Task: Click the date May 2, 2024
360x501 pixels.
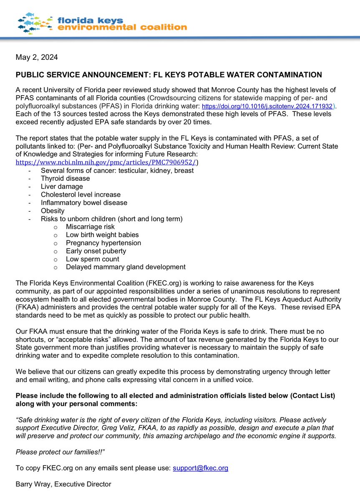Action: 36,57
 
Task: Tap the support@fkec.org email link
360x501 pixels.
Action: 201,468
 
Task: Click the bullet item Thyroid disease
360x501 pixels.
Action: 65,179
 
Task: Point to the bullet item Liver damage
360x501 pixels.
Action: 62,187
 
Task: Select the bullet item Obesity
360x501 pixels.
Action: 53,211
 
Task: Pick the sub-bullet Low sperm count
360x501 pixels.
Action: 92,259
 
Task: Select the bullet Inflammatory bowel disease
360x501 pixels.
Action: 84,203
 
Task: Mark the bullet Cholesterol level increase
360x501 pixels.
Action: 81,195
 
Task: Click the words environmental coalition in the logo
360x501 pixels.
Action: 122,28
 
